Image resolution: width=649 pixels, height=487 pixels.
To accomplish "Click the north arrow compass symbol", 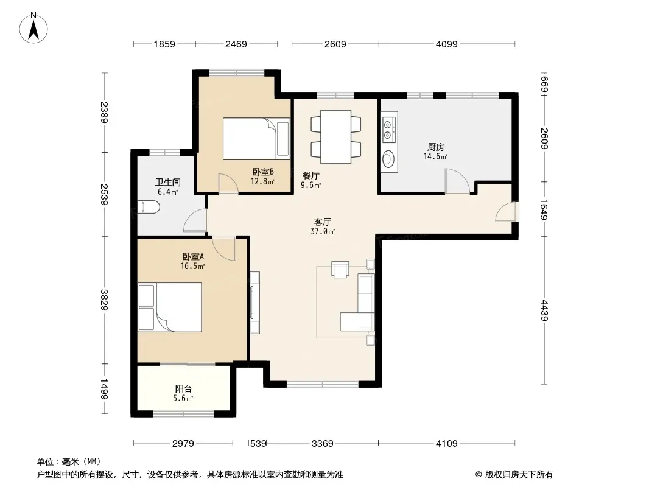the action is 33,27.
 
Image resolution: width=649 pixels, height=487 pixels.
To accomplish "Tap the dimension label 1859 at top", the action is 164,44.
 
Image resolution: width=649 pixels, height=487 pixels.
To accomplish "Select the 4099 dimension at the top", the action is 447,44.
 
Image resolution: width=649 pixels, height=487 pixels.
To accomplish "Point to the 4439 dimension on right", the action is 544,310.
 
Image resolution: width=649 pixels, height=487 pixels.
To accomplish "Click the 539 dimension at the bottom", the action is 258,444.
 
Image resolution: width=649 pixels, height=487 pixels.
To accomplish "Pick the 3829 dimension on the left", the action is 104,300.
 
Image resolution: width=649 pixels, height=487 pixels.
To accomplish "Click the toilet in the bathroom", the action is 148,208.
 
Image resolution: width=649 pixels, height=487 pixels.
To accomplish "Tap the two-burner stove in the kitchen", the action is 389,129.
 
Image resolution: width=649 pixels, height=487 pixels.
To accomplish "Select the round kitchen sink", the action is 388,159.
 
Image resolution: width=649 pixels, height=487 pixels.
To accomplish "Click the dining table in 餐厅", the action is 335,136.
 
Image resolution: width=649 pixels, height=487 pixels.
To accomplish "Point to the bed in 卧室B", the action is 256,139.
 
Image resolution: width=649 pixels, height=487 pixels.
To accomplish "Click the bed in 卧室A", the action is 170,307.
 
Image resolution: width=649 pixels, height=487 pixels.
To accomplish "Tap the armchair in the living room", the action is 340,269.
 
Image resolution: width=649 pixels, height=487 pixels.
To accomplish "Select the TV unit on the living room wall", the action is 254,302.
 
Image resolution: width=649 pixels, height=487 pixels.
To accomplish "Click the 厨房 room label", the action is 435,147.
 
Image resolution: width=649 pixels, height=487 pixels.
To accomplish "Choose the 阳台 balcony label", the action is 183,389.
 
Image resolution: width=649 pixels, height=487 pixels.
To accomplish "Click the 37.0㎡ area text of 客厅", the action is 323,232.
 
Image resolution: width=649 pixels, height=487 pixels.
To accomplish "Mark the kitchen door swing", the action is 457,181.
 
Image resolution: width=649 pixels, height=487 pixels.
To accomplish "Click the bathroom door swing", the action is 195,220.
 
